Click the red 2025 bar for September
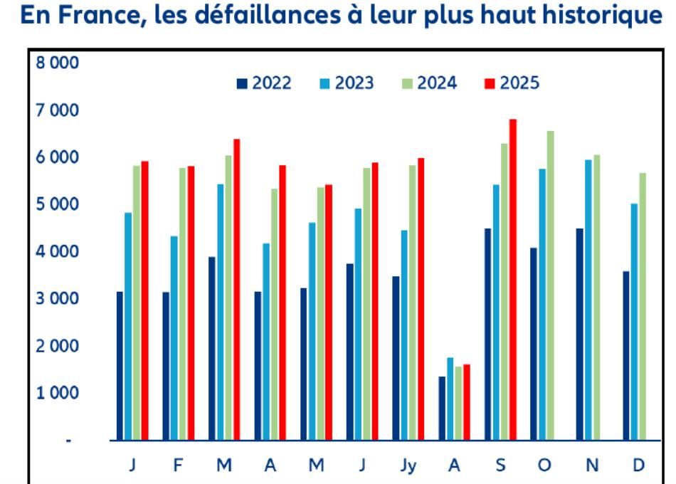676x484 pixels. click(x=512, y=280)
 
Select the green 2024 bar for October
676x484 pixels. click(x=550, y=285)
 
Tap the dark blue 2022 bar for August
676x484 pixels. click(x=442, y=408)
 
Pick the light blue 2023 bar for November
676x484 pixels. click(x=588, y=300)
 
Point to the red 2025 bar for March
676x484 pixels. click(x=237, y=290)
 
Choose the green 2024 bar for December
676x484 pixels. click(x=643, y=306)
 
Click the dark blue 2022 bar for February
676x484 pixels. click(x=166, y=366)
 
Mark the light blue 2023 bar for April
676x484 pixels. click(x=266, y=342)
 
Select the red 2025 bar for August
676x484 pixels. click(x=467, y=402)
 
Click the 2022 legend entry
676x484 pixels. click(x=264, y=83)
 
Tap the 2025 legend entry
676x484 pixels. click(x=512, y=83)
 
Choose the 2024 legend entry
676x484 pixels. click(x=429, y=83)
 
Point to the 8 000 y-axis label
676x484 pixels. click(x=58, y=63)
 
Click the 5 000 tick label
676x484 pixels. click(x=58, y=204)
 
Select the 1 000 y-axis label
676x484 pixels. click(x=58, y=393)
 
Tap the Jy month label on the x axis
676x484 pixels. click(x=408, y=465)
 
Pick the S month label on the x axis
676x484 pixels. click(x=500, y=465)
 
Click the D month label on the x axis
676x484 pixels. click(x=638, y=465)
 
